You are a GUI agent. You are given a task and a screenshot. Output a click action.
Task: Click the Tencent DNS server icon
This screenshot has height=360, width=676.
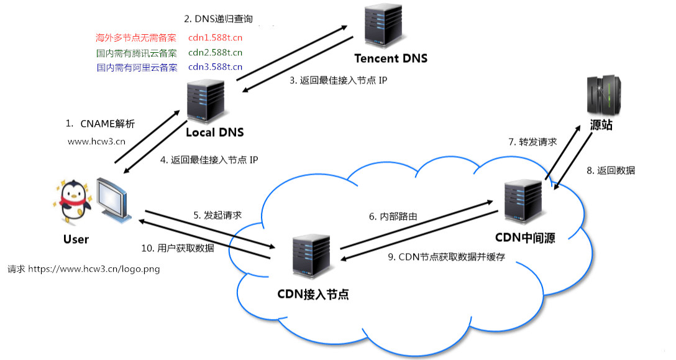[x=383, y=25]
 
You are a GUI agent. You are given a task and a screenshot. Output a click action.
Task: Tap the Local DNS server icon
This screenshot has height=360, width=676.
[x=206, y=101]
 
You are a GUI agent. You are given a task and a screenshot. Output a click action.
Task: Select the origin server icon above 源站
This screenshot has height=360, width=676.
[x=603, y=96]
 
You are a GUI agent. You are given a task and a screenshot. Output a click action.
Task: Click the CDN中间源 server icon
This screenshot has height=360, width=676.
[x=523, y=201]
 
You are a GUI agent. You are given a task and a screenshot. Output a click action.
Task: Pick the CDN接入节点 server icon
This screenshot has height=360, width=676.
[x=311, y=256]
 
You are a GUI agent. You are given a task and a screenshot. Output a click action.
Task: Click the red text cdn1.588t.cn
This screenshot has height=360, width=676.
[x=215, y=37]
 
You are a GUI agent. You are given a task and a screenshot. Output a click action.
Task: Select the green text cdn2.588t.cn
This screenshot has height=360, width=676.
[x=215, y=53]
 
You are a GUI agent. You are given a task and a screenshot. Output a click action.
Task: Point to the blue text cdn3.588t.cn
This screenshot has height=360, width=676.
[x=215, y=67]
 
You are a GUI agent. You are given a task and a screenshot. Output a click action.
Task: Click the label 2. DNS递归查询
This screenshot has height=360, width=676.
[x=219, y=19]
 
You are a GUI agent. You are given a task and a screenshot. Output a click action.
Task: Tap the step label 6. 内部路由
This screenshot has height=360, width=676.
[x=393, y=216]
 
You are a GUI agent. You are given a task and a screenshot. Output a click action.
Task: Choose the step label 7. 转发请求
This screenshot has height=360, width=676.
[x=532, y=142]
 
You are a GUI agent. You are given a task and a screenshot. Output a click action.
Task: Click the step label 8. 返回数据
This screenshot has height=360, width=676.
[x=611, y=170]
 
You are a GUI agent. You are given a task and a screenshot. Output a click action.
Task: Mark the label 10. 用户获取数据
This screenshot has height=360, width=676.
[x=178, y=248]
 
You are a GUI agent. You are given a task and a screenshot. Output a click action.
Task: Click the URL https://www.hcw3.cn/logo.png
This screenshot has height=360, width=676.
[x=94, y=269]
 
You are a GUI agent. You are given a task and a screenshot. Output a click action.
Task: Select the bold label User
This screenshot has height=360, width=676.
[x=76, y=239]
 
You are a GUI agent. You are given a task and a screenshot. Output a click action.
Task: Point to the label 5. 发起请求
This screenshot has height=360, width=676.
[x=217, y=215]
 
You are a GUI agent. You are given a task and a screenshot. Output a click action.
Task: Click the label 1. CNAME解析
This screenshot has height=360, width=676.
[x=100, y=124]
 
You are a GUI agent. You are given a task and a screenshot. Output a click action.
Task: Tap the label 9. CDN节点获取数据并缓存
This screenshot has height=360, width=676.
[x=446, y=257]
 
